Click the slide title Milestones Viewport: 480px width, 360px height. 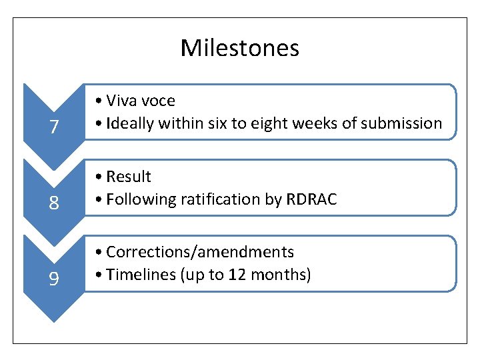(239, 48)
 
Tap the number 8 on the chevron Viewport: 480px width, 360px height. (53, 203)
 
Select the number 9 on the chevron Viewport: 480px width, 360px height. (53, 279)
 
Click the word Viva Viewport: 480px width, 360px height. (122, 101)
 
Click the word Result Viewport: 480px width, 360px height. (129, 177)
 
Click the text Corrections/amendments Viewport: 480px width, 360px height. (200, 252)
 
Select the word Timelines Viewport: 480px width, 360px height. (139, 275)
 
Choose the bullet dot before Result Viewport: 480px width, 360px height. (98, 177)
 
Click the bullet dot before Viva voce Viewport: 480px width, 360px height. (98, 101)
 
